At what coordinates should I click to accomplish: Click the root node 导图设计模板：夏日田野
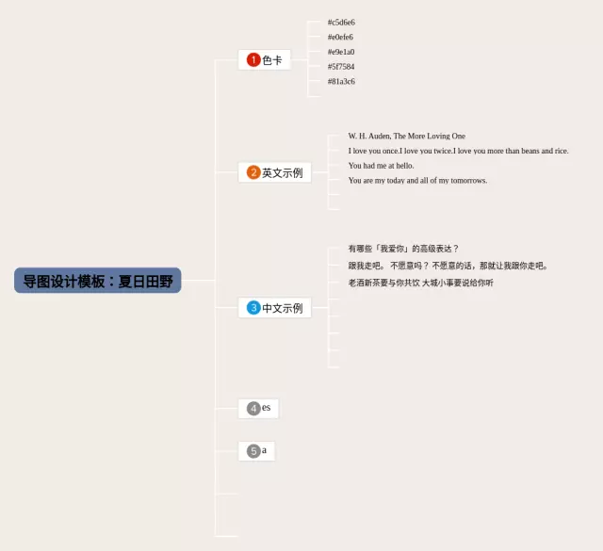[x=98, y=281]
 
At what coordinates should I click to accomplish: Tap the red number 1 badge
[x=253, y=60]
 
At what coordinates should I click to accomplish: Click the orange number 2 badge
[x=253, y=172]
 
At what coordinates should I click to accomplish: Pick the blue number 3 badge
[x=253, y=308]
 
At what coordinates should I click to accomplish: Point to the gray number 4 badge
[x=253, y=408]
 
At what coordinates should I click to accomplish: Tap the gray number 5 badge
[x=253, y=451]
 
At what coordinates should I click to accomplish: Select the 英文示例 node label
[x=282, y=172]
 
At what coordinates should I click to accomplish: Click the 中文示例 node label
[x=282, y=308]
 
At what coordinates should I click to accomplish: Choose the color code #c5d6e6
[x=341, y=22]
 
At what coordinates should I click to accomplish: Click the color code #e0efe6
[x=341, y=37]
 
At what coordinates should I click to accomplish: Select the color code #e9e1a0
[x=341, y=52]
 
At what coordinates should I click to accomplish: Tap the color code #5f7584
[x=341, y=67]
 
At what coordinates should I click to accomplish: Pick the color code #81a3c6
[x=341, y=81]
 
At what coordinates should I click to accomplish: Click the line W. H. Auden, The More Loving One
[x=406, y=136]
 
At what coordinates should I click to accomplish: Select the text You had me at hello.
[x=381, y=166]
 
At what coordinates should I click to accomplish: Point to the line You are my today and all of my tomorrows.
[x=417, y=181]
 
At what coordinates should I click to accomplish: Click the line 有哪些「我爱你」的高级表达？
[x=403, y=249]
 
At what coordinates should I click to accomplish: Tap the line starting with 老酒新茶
[x=420, y=283]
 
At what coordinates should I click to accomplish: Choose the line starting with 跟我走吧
[x=448, y=266]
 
